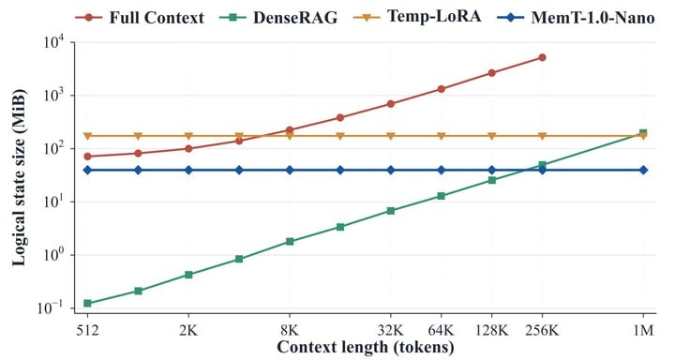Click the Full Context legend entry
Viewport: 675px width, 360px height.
tap(140, 18)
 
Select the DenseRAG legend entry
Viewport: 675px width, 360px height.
tap(278, 18)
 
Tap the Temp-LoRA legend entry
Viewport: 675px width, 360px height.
tap(417, 17)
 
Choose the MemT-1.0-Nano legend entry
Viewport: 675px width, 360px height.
tap(576, 18)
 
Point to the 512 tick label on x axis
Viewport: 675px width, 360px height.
tap(88, 330)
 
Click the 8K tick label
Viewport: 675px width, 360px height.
tap(290, 330)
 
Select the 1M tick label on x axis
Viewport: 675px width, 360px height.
tap(643, 330)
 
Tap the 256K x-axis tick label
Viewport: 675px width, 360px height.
tap(542, 330)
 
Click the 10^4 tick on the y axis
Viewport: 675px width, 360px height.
tap(53, 42)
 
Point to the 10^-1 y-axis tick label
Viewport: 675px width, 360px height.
tap(51, 307)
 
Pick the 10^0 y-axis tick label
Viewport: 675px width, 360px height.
tap(53, 254)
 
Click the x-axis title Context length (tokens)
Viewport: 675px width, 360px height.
tap(366, 347)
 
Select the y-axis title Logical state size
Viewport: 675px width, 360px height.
tap(18, 177)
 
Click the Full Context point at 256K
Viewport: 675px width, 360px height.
tap(542, 58)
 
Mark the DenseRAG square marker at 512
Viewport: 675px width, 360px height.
tap(88, 303)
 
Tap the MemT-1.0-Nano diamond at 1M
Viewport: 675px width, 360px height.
tap(643, 170)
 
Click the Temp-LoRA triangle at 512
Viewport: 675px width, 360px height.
tap(88, 137)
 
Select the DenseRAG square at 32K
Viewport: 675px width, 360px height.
tap(390, 211)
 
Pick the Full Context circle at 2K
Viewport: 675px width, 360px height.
tap(188, 148)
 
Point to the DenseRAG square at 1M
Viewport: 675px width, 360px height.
tap(643, 132)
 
